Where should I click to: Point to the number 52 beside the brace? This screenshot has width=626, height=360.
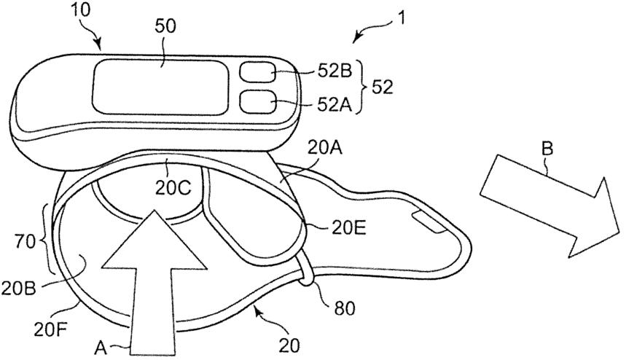coord(383,87)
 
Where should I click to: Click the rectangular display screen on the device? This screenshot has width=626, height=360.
coord(160,85)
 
